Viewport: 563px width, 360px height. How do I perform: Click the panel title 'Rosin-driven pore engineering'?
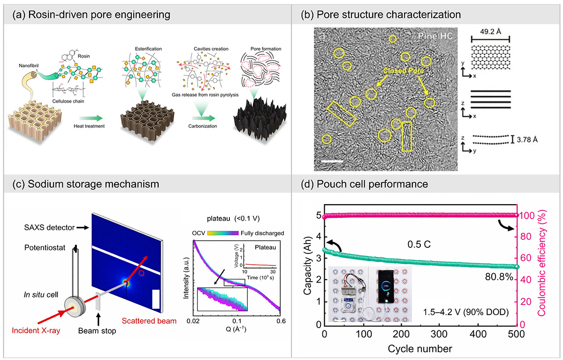pyautogui.click(x=96, y=15)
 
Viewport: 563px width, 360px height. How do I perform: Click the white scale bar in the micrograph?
pyautogui.click(x=334, y=162)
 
